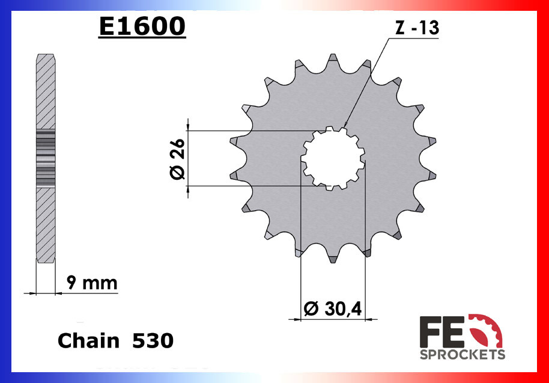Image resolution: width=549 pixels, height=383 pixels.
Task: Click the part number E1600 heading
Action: tap(142, 26)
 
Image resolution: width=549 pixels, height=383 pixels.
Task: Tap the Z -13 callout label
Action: tap(417, 29)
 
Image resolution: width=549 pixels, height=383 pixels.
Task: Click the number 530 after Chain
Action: tap(153, 341)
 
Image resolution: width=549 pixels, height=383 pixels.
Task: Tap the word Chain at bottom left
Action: tap(88, 341)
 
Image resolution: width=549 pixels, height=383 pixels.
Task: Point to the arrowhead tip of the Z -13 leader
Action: tap(344, 127)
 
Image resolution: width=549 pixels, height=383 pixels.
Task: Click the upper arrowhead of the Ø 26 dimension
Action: tap(189, 127)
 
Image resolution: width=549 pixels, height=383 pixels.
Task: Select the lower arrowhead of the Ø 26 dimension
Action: tap(189, 189)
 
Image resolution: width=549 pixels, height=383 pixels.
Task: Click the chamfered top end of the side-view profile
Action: tap(46, 57)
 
